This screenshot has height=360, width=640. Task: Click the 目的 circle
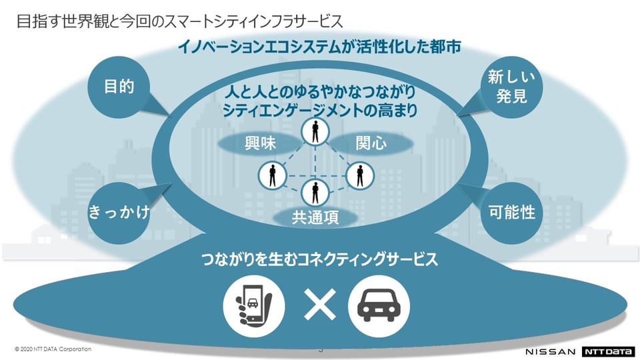point(119,86)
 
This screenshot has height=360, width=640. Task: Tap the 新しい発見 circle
point(511,87)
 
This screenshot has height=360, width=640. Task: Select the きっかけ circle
point(119,212)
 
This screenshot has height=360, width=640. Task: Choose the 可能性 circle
point(511,212)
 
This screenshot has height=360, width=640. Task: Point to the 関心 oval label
point(371,143)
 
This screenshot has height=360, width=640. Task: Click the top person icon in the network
point(315,132)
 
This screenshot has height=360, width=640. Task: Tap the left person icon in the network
point(272,175)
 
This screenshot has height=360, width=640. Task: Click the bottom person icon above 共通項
point(315,193)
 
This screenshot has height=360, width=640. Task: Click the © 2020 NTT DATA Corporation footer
point(53,349)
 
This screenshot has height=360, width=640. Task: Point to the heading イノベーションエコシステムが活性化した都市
point(319,47)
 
